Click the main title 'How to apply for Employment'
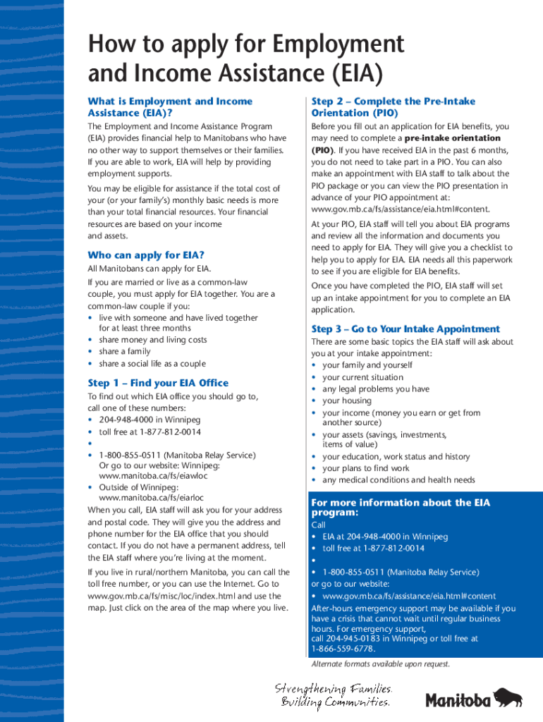pos(245,45)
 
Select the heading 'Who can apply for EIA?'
pos(146,255)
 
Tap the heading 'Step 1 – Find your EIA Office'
pos(158,383)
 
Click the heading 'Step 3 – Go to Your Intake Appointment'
pos(405,329)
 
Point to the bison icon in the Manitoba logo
pos(507,697)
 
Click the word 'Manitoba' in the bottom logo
pos(458,700)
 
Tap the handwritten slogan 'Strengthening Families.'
pos(333,688)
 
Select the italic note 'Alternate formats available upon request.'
pos(380,664)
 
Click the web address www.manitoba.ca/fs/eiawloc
pos(148,477)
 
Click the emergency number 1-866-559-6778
pos(343,649)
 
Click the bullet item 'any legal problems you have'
pos(376,388)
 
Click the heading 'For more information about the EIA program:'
pos(400,508)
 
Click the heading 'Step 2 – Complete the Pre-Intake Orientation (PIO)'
pos(393,107)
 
